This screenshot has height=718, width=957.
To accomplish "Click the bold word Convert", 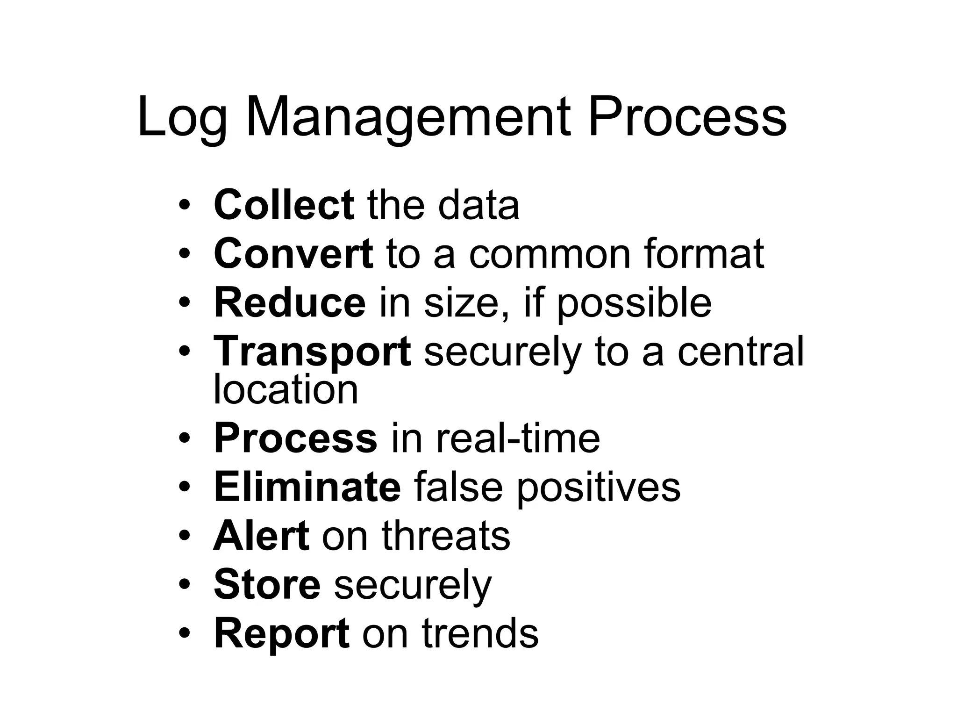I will click(293, 253).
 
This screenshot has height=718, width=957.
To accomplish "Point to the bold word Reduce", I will click(290, 302).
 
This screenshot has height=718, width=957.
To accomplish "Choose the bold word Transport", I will click(312, 352).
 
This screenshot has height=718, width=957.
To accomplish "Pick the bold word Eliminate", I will click(307, 487).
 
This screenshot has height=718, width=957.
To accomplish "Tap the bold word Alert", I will click(261, 536).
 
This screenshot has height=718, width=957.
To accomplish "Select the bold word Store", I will click(267, 584).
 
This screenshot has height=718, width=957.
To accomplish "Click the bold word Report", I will click(281, 633).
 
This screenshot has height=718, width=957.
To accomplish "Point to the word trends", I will click(480, 633).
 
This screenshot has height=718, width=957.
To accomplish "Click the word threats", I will click(446, 536).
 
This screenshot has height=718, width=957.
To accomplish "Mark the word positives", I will click(598, 487).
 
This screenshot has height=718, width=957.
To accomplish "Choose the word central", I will click(741, 352).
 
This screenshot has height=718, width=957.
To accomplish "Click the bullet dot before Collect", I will click(185, 206).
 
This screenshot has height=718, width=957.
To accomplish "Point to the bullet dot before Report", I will click(185, 634).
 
